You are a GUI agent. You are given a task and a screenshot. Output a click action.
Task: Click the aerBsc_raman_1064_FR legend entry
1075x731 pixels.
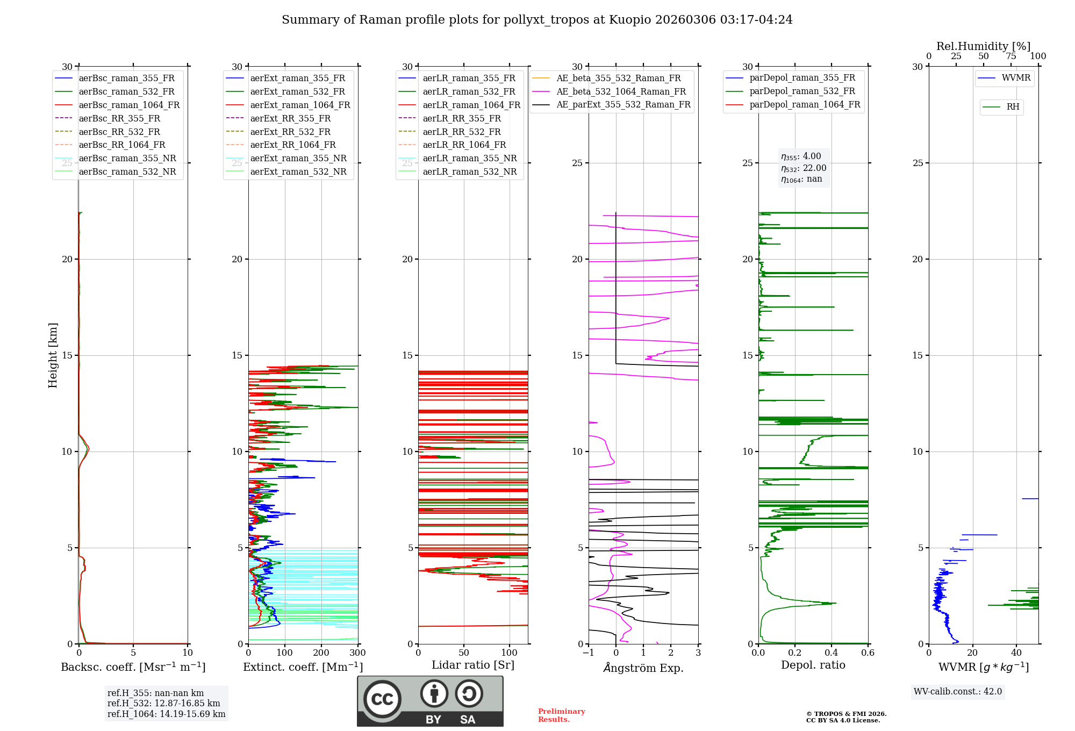[129, 105]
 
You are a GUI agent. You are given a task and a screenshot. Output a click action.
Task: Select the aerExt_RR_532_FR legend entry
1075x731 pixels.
[290, 132]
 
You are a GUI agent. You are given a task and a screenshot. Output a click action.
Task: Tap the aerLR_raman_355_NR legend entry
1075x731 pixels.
[469, 158]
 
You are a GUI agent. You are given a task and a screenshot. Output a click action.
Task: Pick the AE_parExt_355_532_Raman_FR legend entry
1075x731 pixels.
[623, 105]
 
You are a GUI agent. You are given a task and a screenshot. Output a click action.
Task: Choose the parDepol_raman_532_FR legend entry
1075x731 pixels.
[802, 91]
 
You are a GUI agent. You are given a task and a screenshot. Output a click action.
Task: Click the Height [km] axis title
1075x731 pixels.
[53, 355]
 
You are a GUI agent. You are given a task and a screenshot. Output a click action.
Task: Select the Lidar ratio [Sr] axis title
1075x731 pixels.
[473, 665]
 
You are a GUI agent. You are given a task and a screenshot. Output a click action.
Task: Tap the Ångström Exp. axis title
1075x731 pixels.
[643, 668]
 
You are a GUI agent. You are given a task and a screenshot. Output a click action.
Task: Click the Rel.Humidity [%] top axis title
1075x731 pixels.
[983, 46]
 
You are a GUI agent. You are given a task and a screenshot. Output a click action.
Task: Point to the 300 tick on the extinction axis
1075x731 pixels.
[357, 653]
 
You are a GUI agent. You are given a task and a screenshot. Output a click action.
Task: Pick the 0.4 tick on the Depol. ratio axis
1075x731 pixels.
[832, 653]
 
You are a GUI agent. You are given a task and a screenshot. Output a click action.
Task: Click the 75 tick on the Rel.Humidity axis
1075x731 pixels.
[1011, 56]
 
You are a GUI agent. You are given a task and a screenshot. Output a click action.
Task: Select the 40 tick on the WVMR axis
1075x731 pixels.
[1016, 653]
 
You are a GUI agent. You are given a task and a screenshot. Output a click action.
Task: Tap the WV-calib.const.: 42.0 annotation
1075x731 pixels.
[958, 692]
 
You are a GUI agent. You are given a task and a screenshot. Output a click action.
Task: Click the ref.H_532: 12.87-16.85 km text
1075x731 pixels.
[163, 704]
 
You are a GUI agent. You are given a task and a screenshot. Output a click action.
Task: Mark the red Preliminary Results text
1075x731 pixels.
[561, 715]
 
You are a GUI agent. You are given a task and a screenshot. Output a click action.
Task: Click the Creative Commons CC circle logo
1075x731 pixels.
[382, 699]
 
